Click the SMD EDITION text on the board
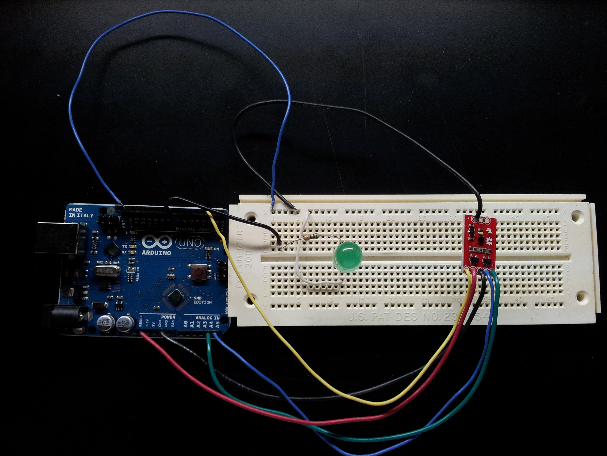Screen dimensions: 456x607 (x=203, y=300)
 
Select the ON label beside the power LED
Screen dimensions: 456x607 (x=216, y=249)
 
